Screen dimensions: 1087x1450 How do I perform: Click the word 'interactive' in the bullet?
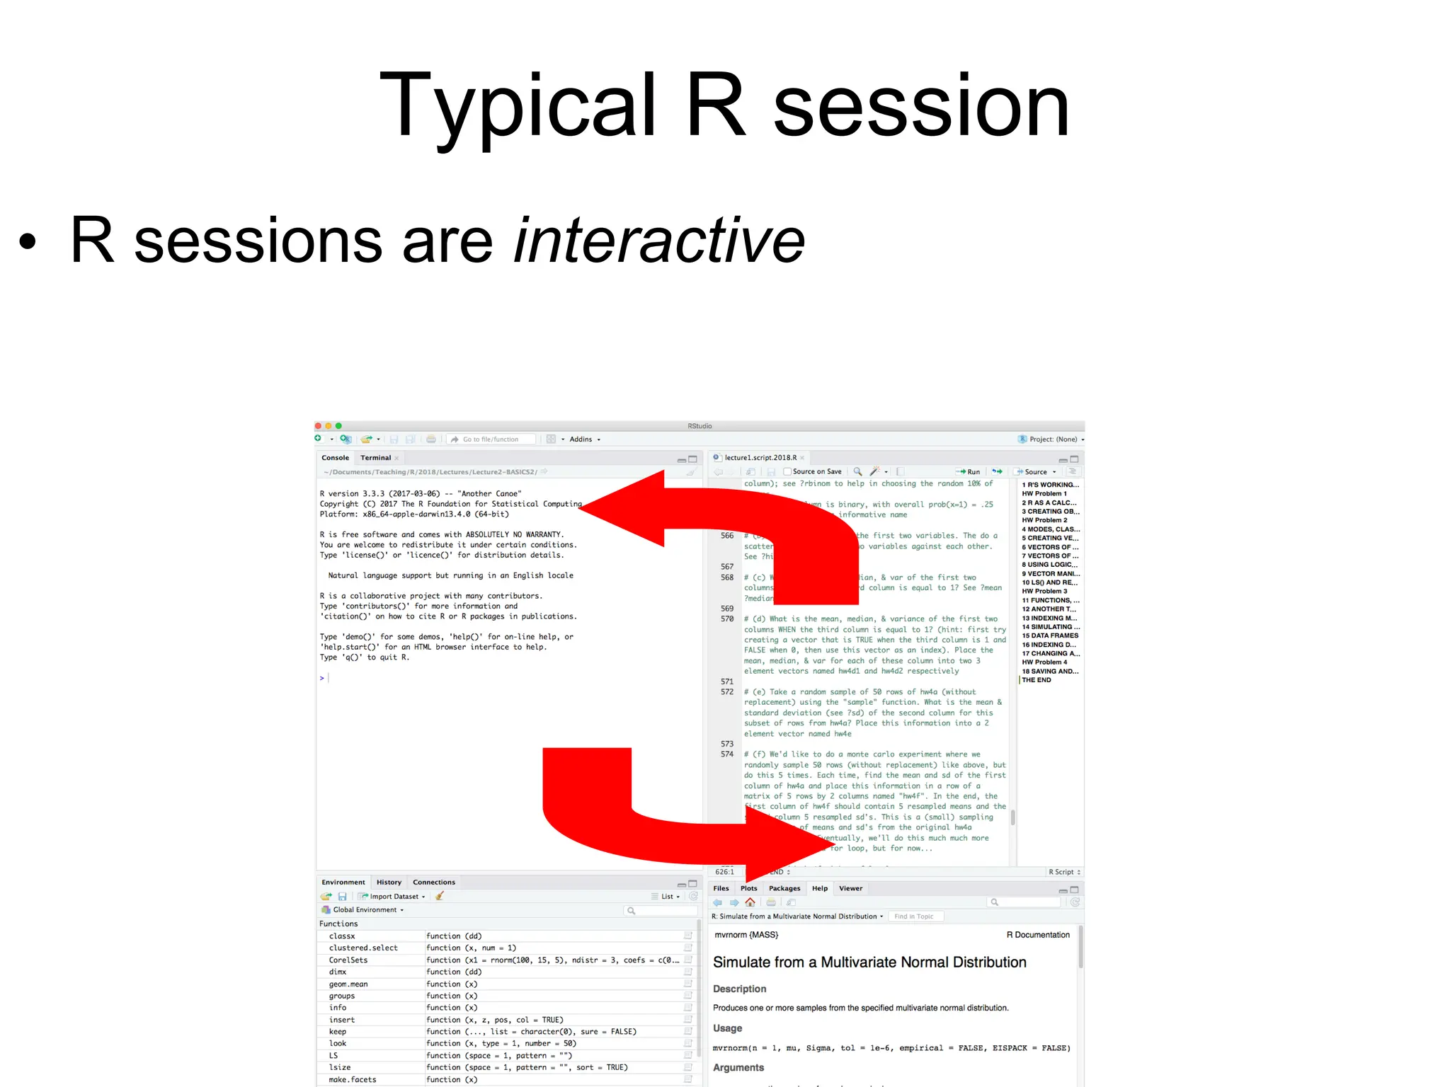[x=658, y=241]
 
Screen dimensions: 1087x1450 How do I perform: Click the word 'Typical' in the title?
[x=517, y=106]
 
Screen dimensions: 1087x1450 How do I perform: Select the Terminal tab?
[x=375, y=458]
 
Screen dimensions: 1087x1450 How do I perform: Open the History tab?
[x=389, y=882]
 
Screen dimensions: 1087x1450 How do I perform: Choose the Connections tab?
[x=434, y=882]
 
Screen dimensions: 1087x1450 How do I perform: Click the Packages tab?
[x=784, y=889]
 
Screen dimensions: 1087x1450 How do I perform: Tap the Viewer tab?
[x=850, y=889]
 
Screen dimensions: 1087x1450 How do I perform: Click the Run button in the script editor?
[x=969, y=472]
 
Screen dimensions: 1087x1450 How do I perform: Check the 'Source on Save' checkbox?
[x=787, y=472]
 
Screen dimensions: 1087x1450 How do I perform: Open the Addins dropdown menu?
[x=584, y=439]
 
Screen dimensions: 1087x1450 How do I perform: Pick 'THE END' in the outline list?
[x=1037, y=680]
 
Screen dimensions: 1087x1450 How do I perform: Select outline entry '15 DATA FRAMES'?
[x=1050, y=635]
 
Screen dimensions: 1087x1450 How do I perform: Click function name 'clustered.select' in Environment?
[x=363, y=948]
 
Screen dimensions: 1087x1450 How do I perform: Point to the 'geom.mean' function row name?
[x=348, y=984]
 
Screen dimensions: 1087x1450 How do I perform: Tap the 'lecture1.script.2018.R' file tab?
[x=760, y=458]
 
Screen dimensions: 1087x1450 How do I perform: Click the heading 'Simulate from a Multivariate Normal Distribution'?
[x=869, y=962]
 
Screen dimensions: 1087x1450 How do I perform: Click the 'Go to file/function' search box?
[x=492, y=439]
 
